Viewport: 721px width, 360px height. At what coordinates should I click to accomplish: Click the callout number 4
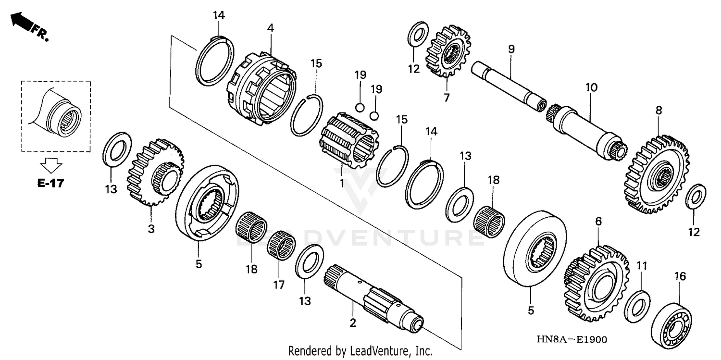271,28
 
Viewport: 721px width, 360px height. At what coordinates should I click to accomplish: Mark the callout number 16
680,276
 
